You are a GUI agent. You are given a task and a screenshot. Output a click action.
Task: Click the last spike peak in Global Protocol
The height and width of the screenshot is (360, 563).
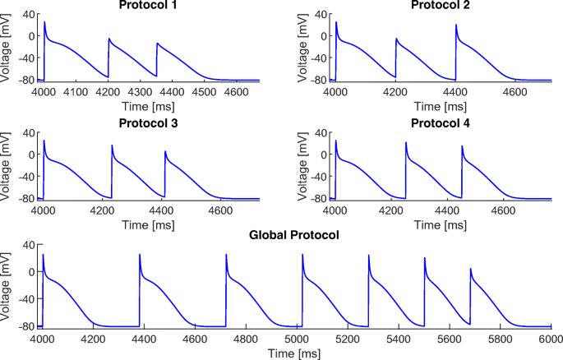[x=470, y=269]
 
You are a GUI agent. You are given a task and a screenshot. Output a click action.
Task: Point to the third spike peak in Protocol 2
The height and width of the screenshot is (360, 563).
[x=456, y=25]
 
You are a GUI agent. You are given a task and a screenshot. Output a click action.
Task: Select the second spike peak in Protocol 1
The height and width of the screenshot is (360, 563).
[x=108, y=39]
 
